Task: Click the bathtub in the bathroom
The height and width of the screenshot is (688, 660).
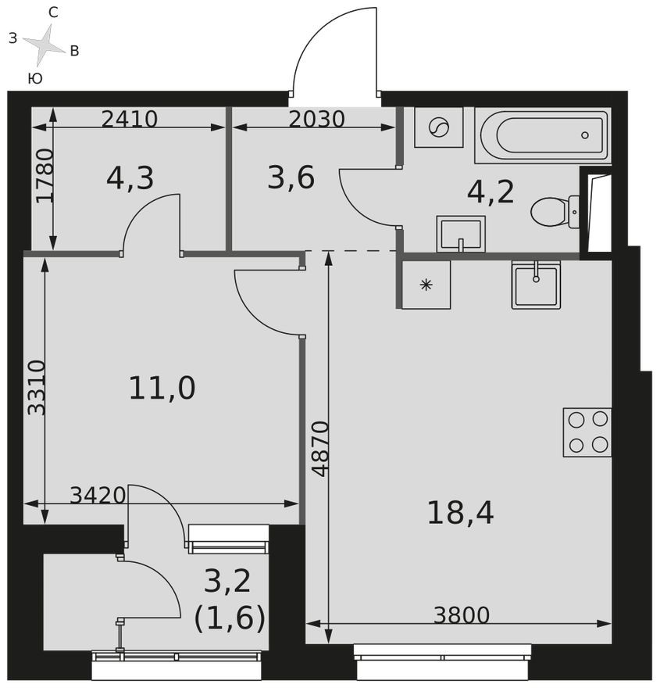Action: click(543, 135)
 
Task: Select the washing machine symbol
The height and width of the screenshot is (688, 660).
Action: click(438, 127)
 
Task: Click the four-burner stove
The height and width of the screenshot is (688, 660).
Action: click(587, 432)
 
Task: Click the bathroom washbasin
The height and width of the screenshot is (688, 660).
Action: click(461, 234)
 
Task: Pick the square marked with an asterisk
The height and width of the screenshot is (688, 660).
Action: click(426, 285)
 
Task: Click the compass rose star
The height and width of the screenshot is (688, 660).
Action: click(45, 45)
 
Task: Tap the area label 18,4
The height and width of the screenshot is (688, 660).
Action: click(460, 513)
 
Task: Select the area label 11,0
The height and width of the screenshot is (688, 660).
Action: click(162, 388)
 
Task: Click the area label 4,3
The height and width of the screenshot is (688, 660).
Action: click(130, 178)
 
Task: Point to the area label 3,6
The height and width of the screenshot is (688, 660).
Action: click(291, 178)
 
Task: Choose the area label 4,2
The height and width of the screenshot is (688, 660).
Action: click(491, 192)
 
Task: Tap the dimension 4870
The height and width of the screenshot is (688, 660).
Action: click(320, 448)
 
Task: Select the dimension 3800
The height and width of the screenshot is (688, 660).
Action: click(462, 615)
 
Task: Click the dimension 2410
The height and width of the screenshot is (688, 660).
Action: click(130, 119)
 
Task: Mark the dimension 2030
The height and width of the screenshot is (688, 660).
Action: click(316, 119)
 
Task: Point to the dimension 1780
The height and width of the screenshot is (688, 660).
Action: click(45, 176)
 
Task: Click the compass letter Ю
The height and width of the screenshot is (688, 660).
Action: click(34, 78)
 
